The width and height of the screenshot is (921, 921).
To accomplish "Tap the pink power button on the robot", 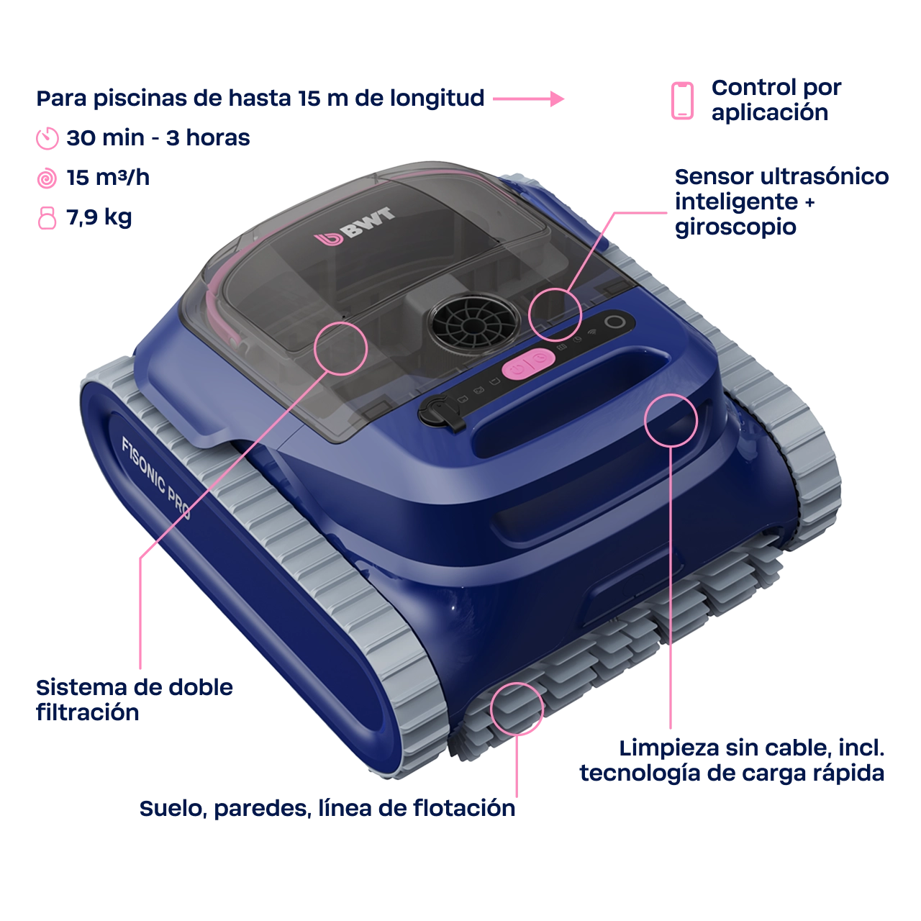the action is pos(528,365).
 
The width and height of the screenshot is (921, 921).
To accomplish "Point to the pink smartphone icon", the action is pos(682,100).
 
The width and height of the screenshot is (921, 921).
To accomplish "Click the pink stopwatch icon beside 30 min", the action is pos(47,139).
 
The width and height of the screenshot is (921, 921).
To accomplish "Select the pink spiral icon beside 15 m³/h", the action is pos(47,178).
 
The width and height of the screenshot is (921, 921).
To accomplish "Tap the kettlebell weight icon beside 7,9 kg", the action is pos(47,218).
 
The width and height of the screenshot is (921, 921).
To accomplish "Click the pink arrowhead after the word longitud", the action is pos(557,99).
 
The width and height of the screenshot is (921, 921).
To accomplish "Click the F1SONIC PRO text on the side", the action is pos(156,478).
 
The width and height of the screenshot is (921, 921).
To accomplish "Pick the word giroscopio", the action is pos(735,227).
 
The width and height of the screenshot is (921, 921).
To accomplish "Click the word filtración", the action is pos(88,712).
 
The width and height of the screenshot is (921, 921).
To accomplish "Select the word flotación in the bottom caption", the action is pos(464,808).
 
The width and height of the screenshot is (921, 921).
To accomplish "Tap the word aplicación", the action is pos(769,113).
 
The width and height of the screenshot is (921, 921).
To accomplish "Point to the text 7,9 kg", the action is pos(99,218).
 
